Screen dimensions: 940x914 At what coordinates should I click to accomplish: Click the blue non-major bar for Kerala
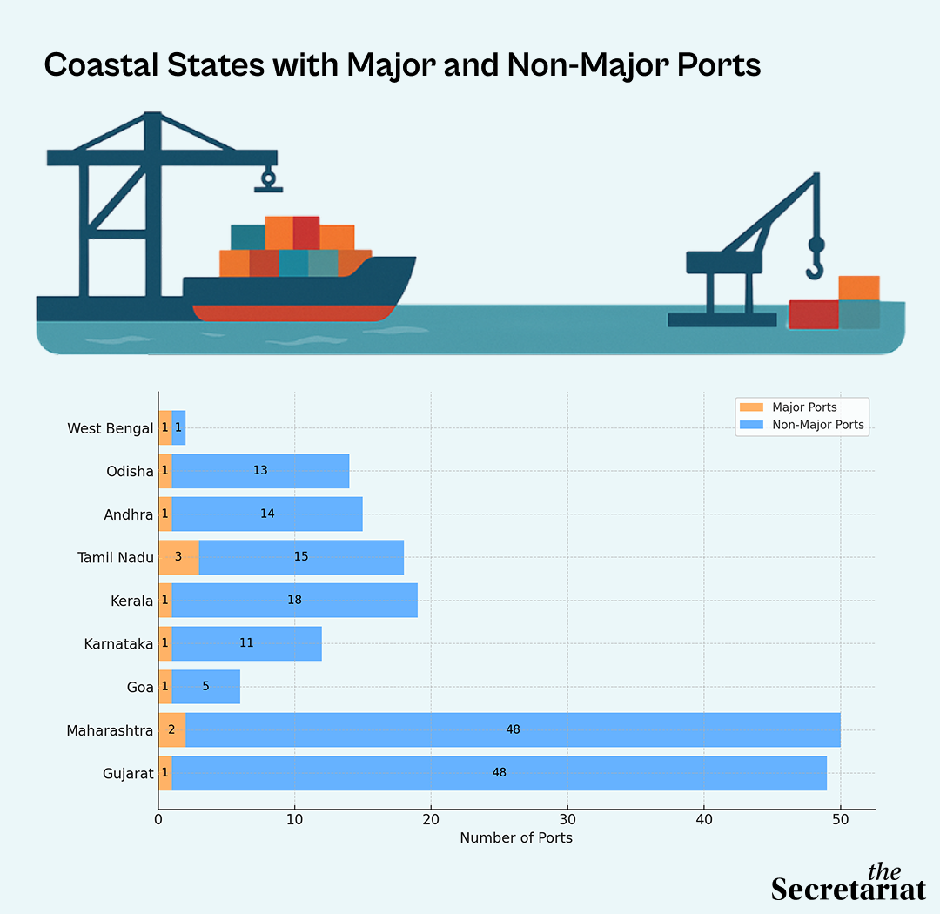pos(294,600)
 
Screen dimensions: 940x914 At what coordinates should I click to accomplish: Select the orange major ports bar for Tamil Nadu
pos(178,557)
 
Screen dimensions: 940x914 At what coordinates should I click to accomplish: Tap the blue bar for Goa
pos(205,687)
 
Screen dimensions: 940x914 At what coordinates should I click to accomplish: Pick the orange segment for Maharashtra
pos(172,729)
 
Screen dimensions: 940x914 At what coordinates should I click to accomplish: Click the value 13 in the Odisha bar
pos(260,470)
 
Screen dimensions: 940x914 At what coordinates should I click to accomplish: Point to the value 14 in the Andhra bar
pos(267,514)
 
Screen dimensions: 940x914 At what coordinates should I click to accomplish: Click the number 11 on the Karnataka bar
pos(246,643)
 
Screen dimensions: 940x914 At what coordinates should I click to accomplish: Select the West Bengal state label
pos(111,428)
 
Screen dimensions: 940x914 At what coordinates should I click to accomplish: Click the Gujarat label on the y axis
pos(128,774)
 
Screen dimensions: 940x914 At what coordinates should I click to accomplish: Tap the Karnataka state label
pos(118,644)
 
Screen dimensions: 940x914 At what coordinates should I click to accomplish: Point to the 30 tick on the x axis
pos(567,820)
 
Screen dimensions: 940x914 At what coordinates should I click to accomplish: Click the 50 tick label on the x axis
pos(841,820)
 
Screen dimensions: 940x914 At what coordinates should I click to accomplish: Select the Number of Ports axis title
pos(516,837)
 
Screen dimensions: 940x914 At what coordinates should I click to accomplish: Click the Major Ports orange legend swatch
pos(752,407)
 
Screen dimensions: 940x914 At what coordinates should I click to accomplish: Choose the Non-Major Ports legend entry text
pos(818,425)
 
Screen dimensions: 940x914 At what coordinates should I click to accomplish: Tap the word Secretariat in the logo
pos(849,890)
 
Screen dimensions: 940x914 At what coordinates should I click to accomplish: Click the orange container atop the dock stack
pos(859,288)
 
